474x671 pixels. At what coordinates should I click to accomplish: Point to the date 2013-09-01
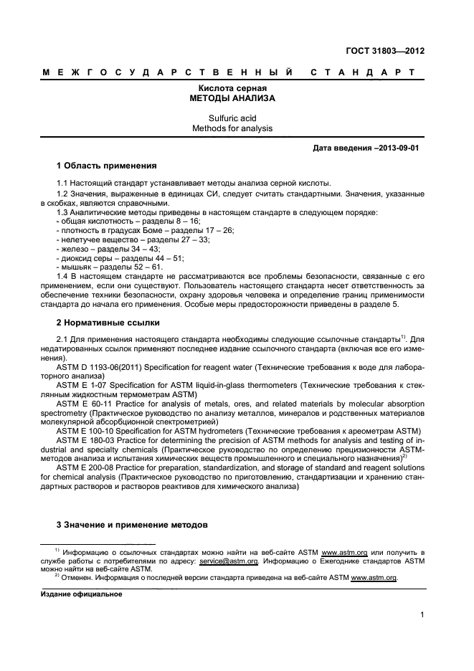[x=395, y=148]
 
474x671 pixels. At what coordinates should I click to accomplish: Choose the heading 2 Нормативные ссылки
[x=108, y=323]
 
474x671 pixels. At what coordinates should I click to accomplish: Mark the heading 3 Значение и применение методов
[x=132, y=525]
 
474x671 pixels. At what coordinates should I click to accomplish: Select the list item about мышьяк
[x=108, y=267]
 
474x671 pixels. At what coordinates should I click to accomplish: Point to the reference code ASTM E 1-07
[x=82, y=385]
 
